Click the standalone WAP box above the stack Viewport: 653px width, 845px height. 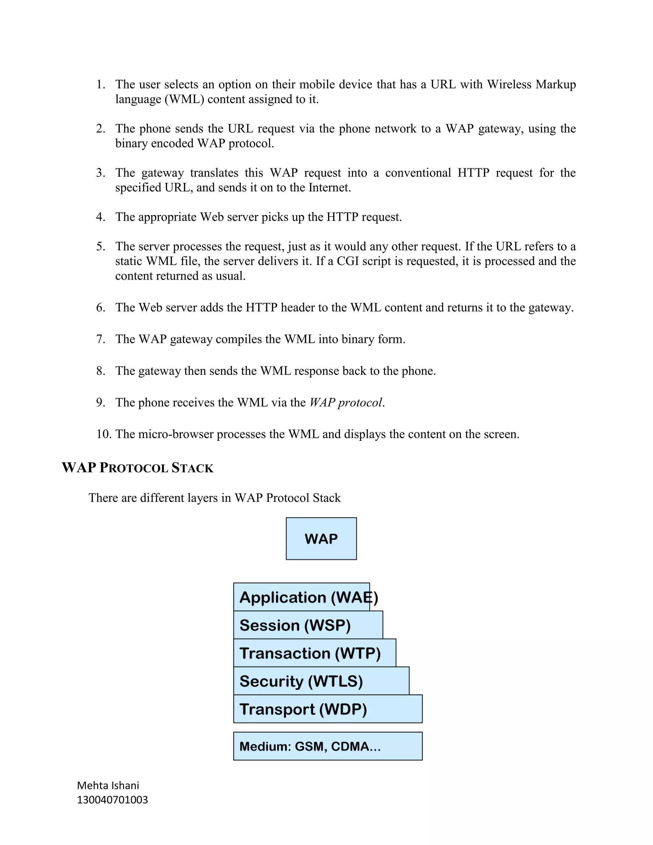click(321, 538)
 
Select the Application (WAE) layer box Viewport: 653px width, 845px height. click(302, 597)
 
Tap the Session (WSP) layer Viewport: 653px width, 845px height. click(308, 625)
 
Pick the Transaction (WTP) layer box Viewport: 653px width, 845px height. click(314, 653)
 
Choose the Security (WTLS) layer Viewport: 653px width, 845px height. click(321, 681)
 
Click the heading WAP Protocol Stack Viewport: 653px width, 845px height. click(137, 468)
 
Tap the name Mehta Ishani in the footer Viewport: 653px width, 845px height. click(108, 785)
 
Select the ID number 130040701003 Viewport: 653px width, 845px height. click(112, 800)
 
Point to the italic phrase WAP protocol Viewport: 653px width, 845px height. click(346, 402)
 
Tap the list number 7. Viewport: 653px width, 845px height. click(100, 339)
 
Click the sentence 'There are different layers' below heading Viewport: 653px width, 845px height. click(214, 497)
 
